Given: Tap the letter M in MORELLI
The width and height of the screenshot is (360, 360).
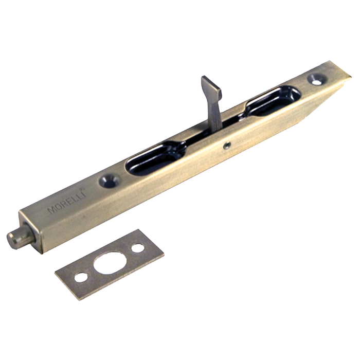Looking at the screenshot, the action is [51, 210].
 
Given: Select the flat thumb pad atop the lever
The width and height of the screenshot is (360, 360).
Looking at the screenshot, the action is [211, 84].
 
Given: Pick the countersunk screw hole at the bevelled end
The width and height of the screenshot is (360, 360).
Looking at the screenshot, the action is [317, 79].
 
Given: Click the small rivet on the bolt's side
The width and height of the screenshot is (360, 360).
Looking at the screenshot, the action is [228, 146].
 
